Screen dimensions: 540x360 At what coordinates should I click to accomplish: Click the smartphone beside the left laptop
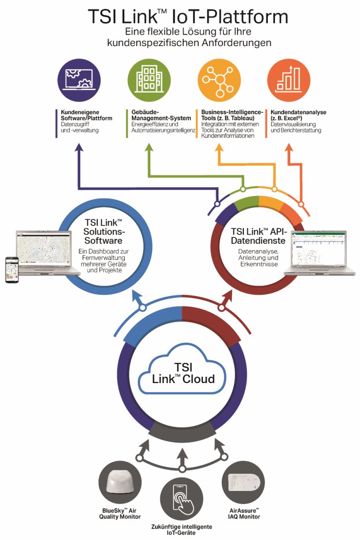coord(12,270)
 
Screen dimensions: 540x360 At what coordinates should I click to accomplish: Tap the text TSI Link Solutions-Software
coord(103,232)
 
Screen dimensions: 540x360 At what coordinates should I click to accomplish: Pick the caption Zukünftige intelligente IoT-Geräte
coord(182,528)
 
